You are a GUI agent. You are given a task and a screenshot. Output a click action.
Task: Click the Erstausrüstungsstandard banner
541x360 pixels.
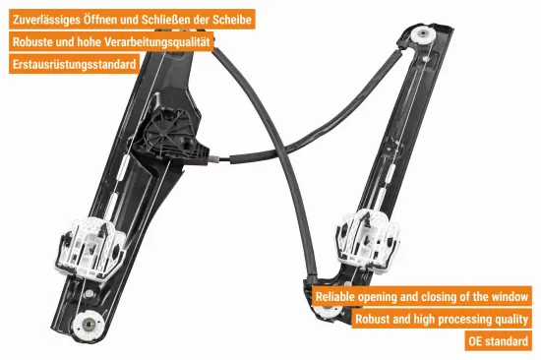(74, 64)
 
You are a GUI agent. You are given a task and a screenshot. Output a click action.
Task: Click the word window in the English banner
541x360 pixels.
(508, 296)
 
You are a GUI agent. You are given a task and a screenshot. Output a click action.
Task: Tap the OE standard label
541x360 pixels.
(501, 341)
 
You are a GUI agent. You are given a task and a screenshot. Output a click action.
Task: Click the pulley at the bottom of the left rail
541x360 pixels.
(91, 324)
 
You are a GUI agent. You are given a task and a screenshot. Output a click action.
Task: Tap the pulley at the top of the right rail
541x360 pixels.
(426, 37)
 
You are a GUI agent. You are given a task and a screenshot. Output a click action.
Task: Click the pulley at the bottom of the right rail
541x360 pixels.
(326, 311)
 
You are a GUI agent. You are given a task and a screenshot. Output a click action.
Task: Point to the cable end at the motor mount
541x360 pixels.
(226, 157)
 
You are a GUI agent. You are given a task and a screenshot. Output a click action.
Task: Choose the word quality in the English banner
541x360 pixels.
(511, 319)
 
